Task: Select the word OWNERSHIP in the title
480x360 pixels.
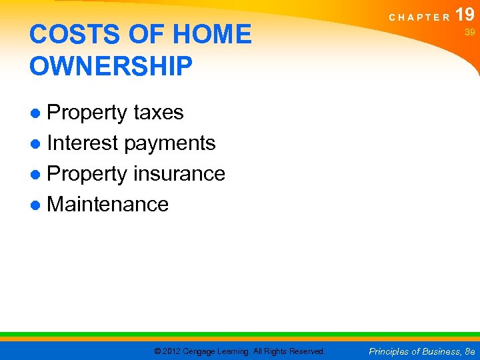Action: [x=111, y=66]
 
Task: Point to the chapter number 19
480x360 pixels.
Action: [x=465, y=13]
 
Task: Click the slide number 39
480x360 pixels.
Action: [x=469, y=32]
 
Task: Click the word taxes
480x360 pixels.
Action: [x=159, y=113]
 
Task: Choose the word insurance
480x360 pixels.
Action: [x=179, y=174]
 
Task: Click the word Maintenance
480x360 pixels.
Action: [x=108, y=205]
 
